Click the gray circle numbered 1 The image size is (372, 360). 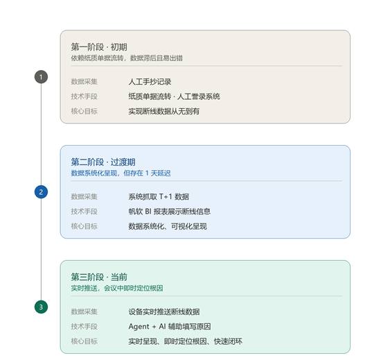coord(41,77)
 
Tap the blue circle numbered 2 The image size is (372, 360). coord(41,191)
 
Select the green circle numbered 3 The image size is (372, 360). coord(41,307)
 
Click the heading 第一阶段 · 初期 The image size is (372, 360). coord(99,46)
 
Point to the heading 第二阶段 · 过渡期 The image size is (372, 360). coord(103,162)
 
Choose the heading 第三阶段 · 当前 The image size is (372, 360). coord(99,277)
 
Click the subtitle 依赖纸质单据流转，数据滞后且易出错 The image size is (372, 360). coord(127,58)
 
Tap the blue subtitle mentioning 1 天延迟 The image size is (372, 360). coord(121,173)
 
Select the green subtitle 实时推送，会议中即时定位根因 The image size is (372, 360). coord(116,288)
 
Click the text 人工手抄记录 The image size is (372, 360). coord(150,82)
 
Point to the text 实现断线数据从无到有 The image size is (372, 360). coord(164,111)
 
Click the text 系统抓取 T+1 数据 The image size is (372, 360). coord(159,197)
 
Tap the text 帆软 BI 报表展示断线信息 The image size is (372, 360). coord(170,212)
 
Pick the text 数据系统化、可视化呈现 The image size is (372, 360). coord(168,226)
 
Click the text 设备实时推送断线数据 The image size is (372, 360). coord(164,311)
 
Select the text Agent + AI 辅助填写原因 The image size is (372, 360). coord(170,327)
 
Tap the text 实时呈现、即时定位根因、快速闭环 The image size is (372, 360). coord(185,341)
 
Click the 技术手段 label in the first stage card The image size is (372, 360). coord(85,96)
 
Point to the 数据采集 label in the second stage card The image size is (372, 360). coord(85,197)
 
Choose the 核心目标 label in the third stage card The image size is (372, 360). coord(85,341)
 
